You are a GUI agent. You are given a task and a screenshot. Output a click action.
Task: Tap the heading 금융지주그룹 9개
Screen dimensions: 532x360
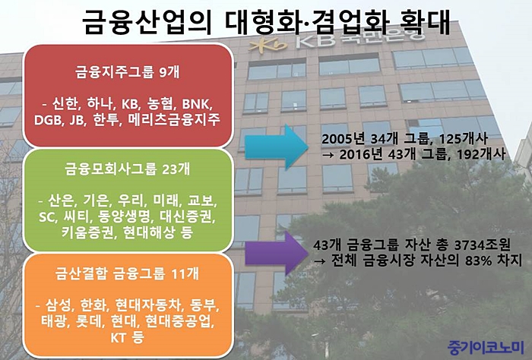click(128, 72)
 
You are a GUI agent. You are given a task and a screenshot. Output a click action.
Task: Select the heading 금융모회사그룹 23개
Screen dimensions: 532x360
click(128, 169)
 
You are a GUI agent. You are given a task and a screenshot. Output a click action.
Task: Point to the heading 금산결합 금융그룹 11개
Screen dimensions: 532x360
click(128, 273)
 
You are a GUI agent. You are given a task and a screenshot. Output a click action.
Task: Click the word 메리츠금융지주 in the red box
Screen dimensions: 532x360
click(174, 119)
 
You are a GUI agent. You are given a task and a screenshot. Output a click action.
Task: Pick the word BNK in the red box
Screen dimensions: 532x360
click(197, 103)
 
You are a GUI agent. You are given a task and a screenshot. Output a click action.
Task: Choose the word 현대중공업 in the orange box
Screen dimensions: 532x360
click(180, 321)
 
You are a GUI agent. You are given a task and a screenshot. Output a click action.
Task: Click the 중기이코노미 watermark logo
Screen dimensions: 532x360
click(486, 346)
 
